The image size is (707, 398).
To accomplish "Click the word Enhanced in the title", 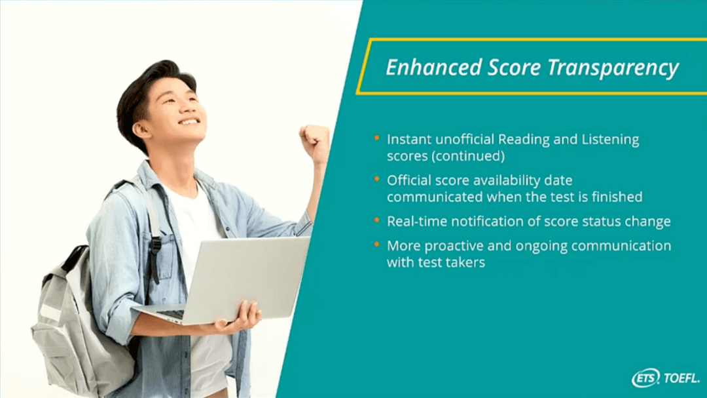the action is click(x=433, y=68).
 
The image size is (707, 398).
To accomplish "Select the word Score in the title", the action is click(x=514, y=68).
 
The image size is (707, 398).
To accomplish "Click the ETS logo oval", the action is click(x=645, y=378).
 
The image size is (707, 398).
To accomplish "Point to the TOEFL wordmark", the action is click(x=681, y=378).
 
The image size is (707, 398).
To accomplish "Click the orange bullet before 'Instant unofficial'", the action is click(x=376, y=138).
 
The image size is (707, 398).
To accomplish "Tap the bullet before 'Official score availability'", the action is click(x=376, y=180).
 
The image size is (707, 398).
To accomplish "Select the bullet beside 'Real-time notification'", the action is click(x=376, y=220).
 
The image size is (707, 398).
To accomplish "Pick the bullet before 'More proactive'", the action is click(x=376, y=245).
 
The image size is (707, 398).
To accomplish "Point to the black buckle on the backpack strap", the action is click(x=154, y=246).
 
